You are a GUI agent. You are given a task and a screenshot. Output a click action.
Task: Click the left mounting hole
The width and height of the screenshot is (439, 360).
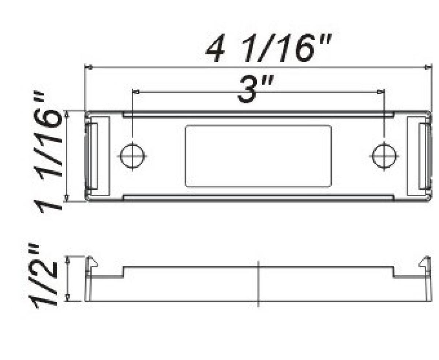point(133,156)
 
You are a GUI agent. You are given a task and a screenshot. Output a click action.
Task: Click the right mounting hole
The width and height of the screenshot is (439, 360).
point(383,156)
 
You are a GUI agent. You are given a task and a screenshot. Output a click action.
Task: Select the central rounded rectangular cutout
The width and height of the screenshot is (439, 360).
point(258,156)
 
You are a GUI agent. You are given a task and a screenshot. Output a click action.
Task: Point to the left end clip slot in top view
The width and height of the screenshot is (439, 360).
point(91,156)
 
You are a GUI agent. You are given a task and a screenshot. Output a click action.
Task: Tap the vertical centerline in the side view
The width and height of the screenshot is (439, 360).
point(258,283)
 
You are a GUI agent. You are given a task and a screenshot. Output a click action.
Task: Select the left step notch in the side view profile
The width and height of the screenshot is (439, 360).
point(123,271)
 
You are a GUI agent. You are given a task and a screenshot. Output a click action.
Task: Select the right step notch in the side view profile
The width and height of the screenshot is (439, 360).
point(394,271)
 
